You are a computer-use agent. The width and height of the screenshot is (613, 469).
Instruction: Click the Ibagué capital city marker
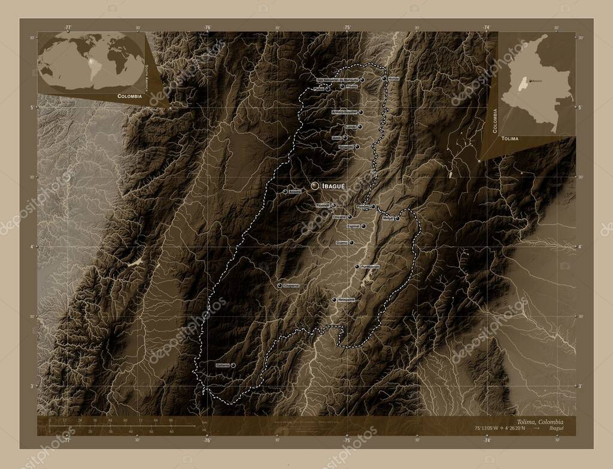[x=314, y=186]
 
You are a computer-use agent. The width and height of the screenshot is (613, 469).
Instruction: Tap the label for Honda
[x=393, y=78]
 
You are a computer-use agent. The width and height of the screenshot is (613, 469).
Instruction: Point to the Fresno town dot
[x=342, y=86]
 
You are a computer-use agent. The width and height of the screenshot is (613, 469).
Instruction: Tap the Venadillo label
[x=345, y=147]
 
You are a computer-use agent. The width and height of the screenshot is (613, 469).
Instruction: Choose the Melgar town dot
[x=397, y=219]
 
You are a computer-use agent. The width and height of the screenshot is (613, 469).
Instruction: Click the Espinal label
[x=353, y=226]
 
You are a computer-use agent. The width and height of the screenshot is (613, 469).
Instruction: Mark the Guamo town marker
[x=351, y=243]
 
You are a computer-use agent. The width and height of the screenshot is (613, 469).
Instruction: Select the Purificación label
[x=370, y=267]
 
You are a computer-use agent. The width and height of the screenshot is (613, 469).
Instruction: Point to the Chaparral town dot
[x=280, y=286]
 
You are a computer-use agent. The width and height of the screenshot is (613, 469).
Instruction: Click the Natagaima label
[x=346, y=299]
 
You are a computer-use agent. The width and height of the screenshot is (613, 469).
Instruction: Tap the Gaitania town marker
[x=233, y=365]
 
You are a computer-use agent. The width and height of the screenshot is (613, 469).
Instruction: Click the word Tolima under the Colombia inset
[x=511, y=138]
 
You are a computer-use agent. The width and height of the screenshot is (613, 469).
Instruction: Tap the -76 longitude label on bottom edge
[x=207, y=440]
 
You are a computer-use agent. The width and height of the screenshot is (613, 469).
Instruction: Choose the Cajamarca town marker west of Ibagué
[x=286, y=192]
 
